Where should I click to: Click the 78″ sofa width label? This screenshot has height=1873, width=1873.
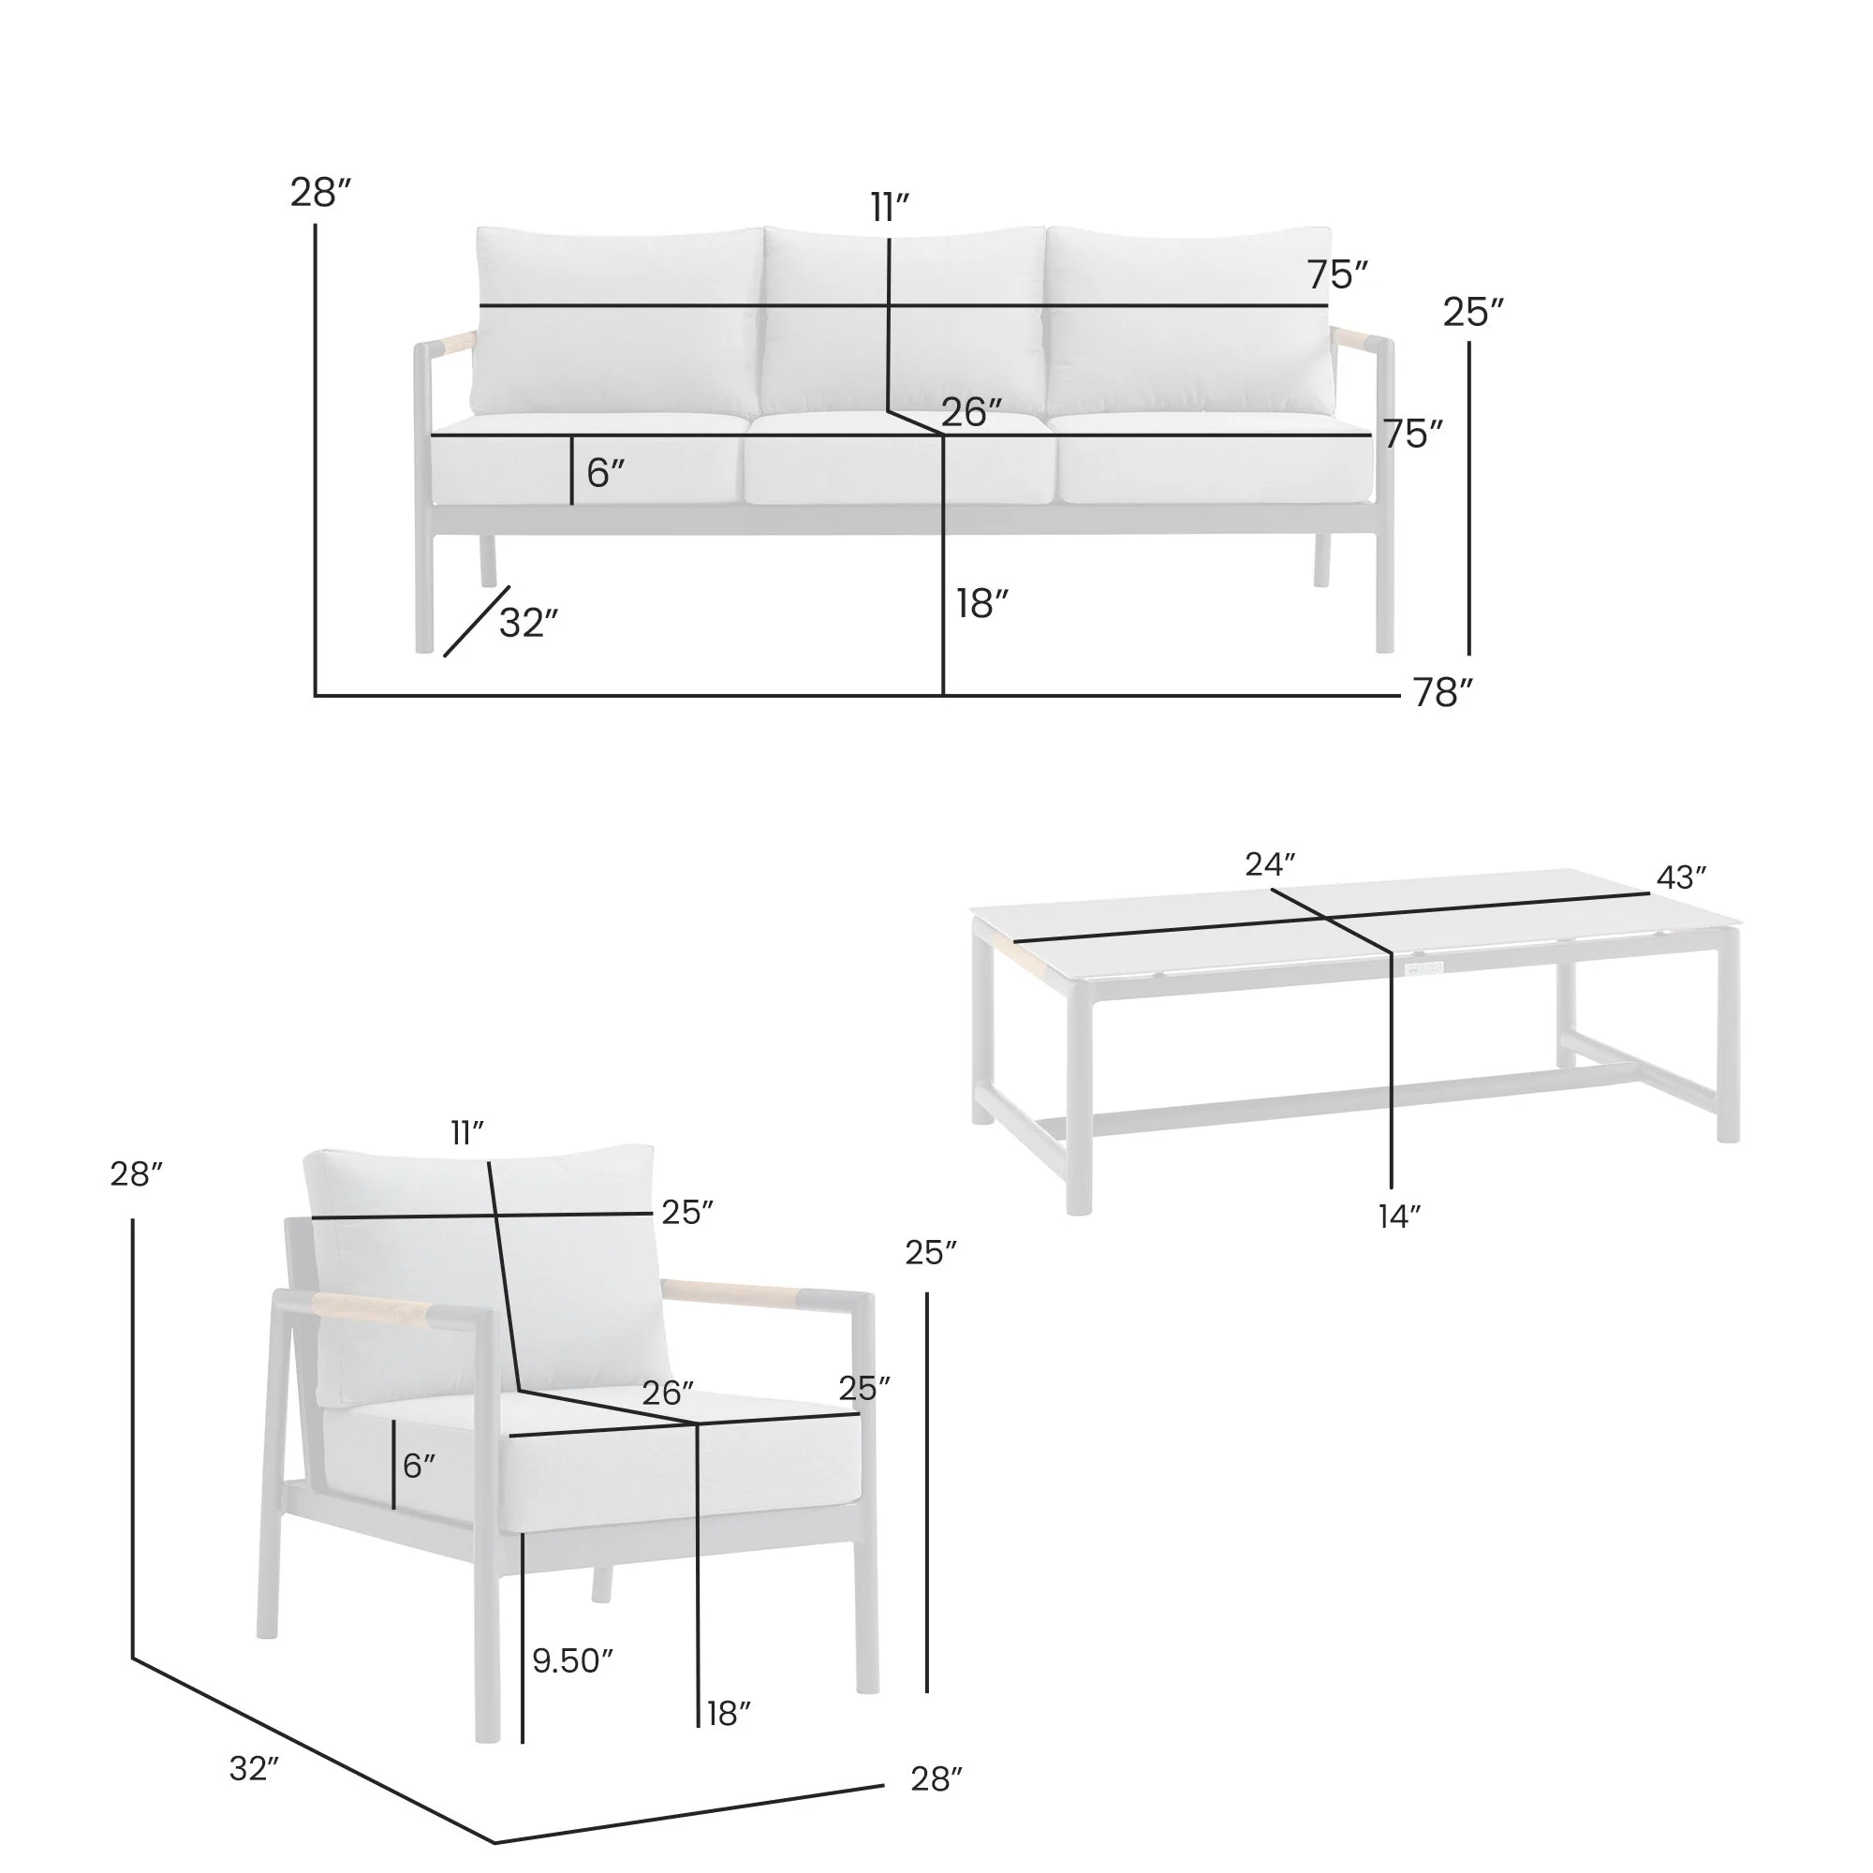pos(1441,693)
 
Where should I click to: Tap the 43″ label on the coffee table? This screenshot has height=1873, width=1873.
pos(1680,878)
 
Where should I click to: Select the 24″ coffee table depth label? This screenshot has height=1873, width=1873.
pos(1270,863)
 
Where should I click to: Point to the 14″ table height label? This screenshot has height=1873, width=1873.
pos(1400,1217)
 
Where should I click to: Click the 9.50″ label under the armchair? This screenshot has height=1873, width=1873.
pos(572,1660)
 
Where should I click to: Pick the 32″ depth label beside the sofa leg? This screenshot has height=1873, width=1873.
pos(528,624)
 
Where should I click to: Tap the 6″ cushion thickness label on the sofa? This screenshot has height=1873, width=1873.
pos(605,473)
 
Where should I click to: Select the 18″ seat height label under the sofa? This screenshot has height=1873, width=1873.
pos(981,604)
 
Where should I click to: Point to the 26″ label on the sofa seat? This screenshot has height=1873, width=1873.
pos(970,413)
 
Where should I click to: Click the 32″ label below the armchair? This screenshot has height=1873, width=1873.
pos(254,1769)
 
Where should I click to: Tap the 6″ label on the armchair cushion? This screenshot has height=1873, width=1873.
pos(419,1466)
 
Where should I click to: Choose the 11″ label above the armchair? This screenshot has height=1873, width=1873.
pos(466,1132)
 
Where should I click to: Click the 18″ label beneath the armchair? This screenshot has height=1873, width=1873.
pos(728,1714)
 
